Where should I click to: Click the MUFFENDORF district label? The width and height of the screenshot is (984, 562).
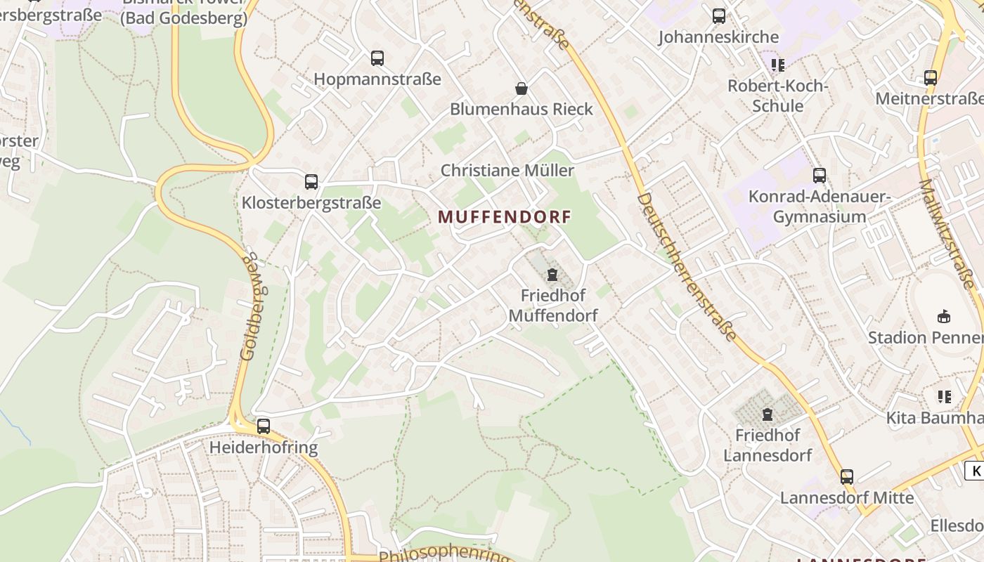pyautogui.click(x=505, y=217)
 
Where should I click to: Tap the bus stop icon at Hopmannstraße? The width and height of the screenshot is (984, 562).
pyautogui.click(x=377, y=58)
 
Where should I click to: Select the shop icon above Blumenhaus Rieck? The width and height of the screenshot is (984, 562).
pyautogui.click(x=522, y=89)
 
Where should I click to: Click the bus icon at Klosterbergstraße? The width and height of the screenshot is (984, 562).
pyautogui.click(x=311, y=182)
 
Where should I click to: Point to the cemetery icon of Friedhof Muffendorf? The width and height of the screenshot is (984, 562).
pyautogui.click(x=552, y=275)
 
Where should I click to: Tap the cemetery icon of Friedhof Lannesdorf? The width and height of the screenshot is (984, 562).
pyautogui.click(x=768, y=414)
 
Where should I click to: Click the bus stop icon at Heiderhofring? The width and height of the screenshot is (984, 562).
pyautogui.click(x=264, y=426)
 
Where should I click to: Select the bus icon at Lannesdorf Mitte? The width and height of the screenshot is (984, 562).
pyautogui.click(x=847, y=477)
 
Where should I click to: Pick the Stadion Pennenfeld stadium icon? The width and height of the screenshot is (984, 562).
pyautogui.click(x=944, y=317)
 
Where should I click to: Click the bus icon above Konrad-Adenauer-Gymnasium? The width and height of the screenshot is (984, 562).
pyautogui.click(x=820, y=176)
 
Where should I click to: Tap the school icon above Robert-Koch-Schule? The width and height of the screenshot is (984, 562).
pyautogui.click(x=777, y=65)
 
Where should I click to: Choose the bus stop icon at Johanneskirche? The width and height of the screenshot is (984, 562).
pyautogui.click(x=719, y=16)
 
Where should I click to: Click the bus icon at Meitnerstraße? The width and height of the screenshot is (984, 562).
pyautogui.click(x=931, y=78)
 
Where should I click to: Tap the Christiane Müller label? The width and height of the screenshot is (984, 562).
pyautogui.click(x=507, y=170)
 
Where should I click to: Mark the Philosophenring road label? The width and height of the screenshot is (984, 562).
pyautogui.click(x=444, y=553)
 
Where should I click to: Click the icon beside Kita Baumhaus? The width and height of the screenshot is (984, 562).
pyautogui.click(x=945, y=397)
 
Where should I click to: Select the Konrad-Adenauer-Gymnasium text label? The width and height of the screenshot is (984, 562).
pyautogui.click(x=820, y=207)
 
